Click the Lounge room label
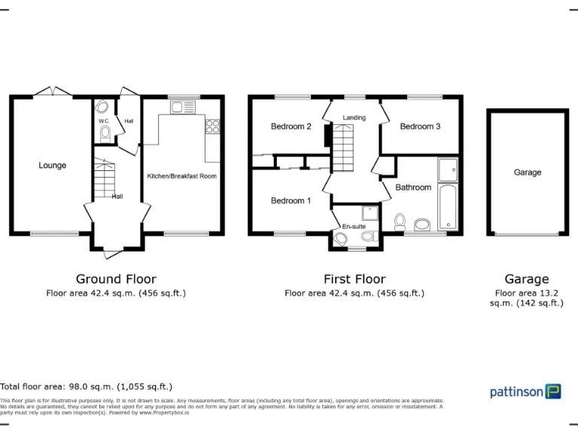pos(53,166)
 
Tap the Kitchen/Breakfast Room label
pos(181,176)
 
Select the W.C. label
pos(104,121)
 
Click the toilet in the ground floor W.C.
pos(105,134)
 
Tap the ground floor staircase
pos(103,180)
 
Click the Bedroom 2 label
pos(291,127)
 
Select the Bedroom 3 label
pos(420,127)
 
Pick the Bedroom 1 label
pos(291,200)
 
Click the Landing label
pos(354,118)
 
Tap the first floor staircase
pos(343,147)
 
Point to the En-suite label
pos(353,226)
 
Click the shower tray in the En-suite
pos(370,212)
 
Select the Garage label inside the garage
pos(528,173)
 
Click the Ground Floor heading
pos(116,279)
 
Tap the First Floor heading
pos(354,279)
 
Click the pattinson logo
pos(525,391)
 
